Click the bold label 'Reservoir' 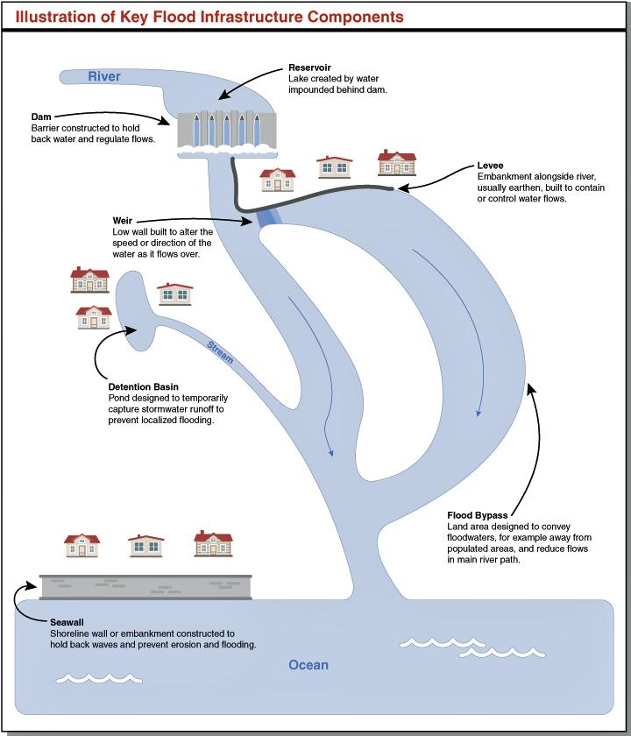click(309, 67)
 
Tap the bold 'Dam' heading click(41, 117)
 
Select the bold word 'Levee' click(490, 166)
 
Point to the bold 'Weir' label click(122, 221)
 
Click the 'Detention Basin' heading click(143, 386)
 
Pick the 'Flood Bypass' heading click(477, 515)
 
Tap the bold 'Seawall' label click(67, 622)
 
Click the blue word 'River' click(104, 76)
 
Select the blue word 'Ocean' click(308, 665)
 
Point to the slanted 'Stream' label click(220, 352)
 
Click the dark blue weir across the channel click(269, 218)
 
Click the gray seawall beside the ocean click(145, 587)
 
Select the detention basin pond click(135, 311)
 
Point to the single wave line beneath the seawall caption click(99, 678)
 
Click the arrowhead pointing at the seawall click(31, 586)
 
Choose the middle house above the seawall click(146, 545)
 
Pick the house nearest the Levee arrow click(397, 162)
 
